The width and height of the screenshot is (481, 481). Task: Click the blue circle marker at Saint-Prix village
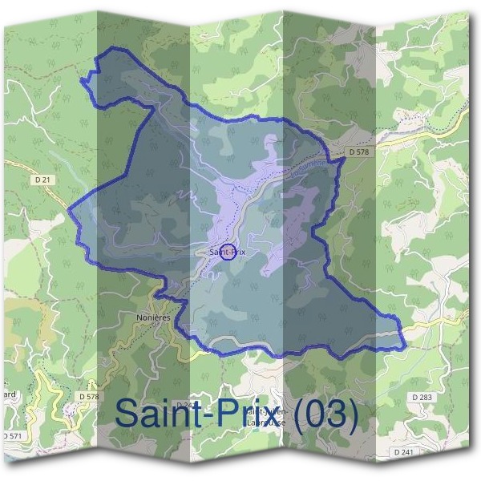coord(227,253)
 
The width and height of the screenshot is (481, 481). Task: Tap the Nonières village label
coord(154,317)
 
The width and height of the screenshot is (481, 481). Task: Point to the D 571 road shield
coord(11,435)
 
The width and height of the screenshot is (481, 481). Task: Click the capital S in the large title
coord(131,414)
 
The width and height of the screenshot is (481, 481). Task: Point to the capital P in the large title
coord(228,414)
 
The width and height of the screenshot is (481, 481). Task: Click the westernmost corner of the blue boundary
coord(68,212)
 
